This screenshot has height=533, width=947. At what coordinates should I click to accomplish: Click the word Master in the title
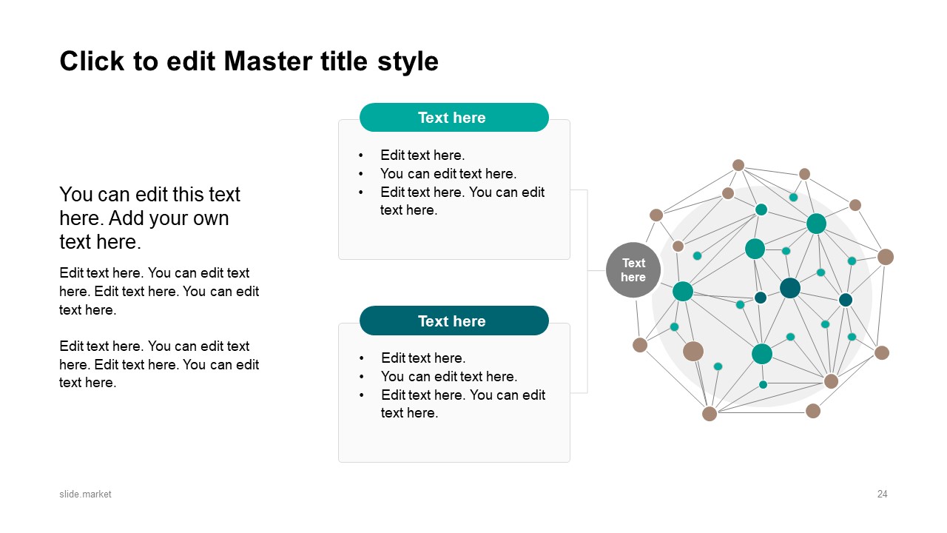click(260, 61)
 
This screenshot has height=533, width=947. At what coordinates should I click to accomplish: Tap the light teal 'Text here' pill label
click(454, 118)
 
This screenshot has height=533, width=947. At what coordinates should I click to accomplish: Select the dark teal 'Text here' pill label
click(454, 321)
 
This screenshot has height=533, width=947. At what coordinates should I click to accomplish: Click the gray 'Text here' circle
click(633, 270)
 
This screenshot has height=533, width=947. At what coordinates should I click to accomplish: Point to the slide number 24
click(882, 494)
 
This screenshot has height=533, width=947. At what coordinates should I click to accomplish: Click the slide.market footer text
click(86, 494)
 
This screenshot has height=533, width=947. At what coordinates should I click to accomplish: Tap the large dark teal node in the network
click(790, 288)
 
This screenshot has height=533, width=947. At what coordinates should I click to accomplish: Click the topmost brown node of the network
click(738, 165)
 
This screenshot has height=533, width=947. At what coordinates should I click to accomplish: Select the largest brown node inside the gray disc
click(693, 351)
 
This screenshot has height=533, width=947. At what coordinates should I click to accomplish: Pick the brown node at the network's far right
click(886, 257)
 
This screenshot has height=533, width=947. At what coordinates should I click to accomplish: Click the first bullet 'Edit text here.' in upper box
click(422, 155)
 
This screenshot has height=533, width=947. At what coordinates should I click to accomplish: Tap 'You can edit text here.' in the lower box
click(448, 377)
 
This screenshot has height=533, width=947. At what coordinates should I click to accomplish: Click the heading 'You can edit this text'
click(149, 195)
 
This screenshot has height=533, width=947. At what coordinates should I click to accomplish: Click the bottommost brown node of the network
click(710, 414)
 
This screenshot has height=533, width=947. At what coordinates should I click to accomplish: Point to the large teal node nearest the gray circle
click(683, 292)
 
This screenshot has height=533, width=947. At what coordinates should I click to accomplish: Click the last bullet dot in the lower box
click(362, 395)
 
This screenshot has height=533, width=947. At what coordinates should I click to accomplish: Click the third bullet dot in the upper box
click(361, 192)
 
